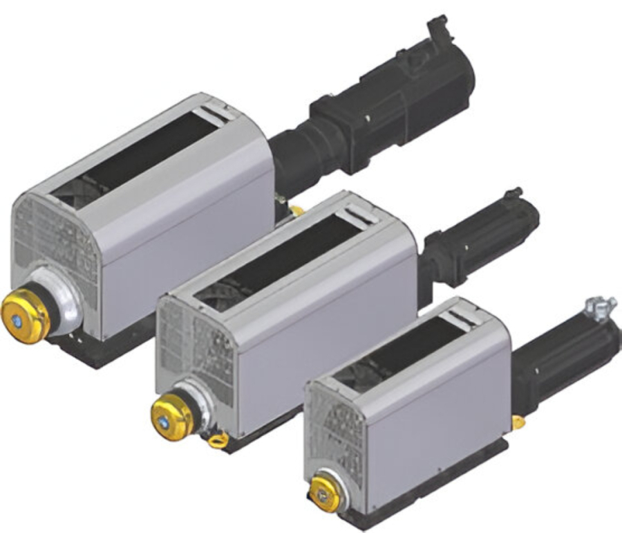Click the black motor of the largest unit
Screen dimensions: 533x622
(387, 111)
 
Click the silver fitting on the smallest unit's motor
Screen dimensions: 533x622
(596, 307)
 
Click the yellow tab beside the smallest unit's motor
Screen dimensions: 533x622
(517, 422)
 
